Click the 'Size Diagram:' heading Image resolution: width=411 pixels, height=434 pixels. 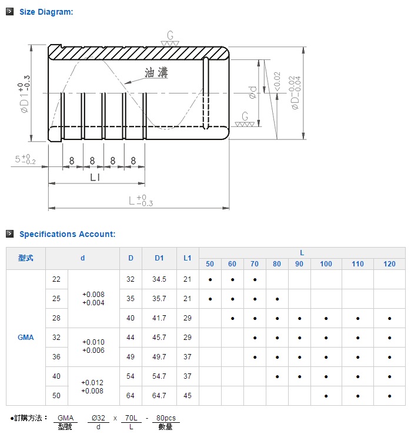46,12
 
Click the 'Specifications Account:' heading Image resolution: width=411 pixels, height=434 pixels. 67,234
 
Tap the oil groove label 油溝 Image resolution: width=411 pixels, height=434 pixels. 156,73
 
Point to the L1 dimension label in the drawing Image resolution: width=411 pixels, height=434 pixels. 95,177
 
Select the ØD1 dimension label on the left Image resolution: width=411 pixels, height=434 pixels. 24,94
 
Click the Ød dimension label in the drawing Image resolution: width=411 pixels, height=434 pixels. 253,92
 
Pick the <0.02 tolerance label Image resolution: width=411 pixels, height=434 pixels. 277,81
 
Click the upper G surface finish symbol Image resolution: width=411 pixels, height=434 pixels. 170,38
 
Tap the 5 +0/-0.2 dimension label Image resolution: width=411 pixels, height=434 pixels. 25,159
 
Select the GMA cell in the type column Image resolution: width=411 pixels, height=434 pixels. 26,338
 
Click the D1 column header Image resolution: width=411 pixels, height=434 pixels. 159,258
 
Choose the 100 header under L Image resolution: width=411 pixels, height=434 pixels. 326,264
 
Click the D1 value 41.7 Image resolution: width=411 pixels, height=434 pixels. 159,318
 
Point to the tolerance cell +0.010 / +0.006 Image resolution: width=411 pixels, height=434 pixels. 93,346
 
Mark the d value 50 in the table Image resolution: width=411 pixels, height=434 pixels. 56,396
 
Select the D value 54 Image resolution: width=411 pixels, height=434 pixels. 131,376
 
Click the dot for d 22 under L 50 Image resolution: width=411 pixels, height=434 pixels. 210,279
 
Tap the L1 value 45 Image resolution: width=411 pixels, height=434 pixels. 188,396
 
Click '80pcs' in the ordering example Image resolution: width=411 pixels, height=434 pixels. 166,418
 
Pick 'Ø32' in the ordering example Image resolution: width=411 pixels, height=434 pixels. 98,418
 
